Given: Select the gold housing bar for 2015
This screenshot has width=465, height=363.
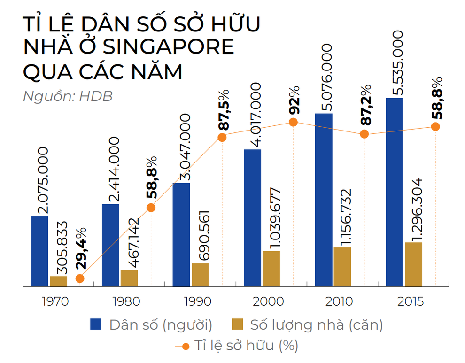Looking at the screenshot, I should click(413, 264).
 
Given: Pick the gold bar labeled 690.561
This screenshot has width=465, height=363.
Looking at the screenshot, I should click(201, 274).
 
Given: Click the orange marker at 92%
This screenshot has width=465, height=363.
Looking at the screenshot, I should click(294, 122).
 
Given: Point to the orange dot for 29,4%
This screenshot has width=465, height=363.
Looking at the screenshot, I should click(80, 278).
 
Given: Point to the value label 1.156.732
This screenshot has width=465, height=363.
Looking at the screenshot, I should click(345, 216).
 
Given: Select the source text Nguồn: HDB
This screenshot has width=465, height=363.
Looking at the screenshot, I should click(68, 96).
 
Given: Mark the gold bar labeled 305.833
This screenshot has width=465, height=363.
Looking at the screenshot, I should click(59, 281).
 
